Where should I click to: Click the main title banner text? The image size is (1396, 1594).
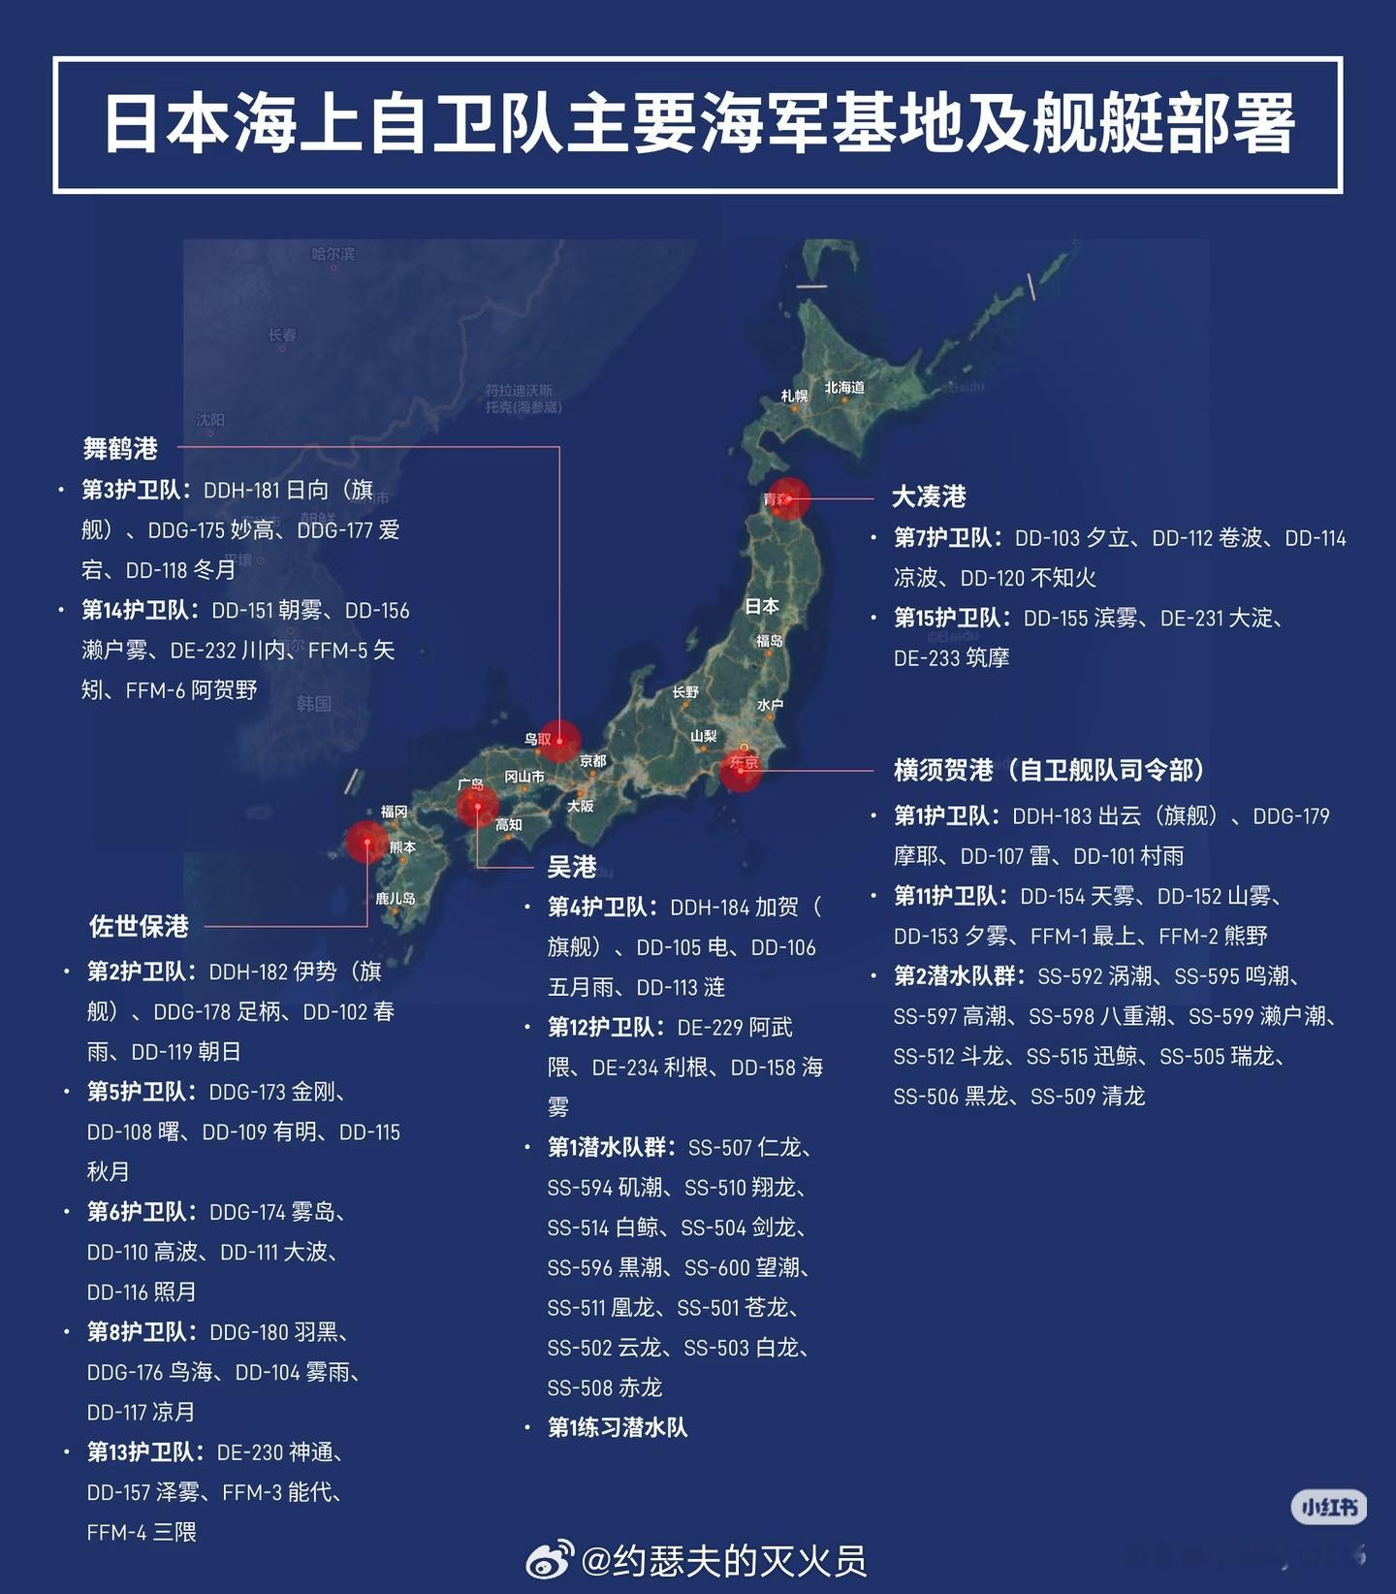coord(698,124)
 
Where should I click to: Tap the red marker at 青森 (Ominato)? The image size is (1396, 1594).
coord(788,498)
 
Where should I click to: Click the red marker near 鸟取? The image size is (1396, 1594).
coord(559,741)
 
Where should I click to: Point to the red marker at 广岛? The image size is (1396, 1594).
coord(477,806)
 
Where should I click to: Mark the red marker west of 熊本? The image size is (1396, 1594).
coord(367,842)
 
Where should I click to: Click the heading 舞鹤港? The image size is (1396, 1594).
coord(120,449)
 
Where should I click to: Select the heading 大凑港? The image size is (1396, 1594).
coord(929,496)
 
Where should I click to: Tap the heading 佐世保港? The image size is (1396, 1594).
coord(139,926)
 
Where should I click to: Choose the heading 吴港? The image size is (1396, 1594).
coord(572,866)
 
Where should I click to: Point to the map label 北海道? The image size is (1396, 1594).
coord(844,388)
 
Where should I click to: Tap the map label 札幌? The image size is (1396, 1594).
coord(794,396)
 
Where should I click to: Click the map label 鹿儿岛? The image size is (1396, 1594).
coord(396,899)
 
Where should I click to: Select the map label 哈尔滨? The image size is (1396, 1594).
coord(333,254)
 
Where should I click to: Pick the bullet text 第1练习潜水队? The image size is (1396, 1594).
coord(617,1427)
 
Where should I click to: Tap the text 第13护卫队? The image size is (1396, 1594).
coord(145,1451)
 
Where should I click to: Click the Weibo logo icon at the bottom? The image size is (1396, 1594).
coord(550,1560)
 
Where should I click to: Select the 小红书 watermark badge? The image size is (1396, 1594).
coord(1329,1507)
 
